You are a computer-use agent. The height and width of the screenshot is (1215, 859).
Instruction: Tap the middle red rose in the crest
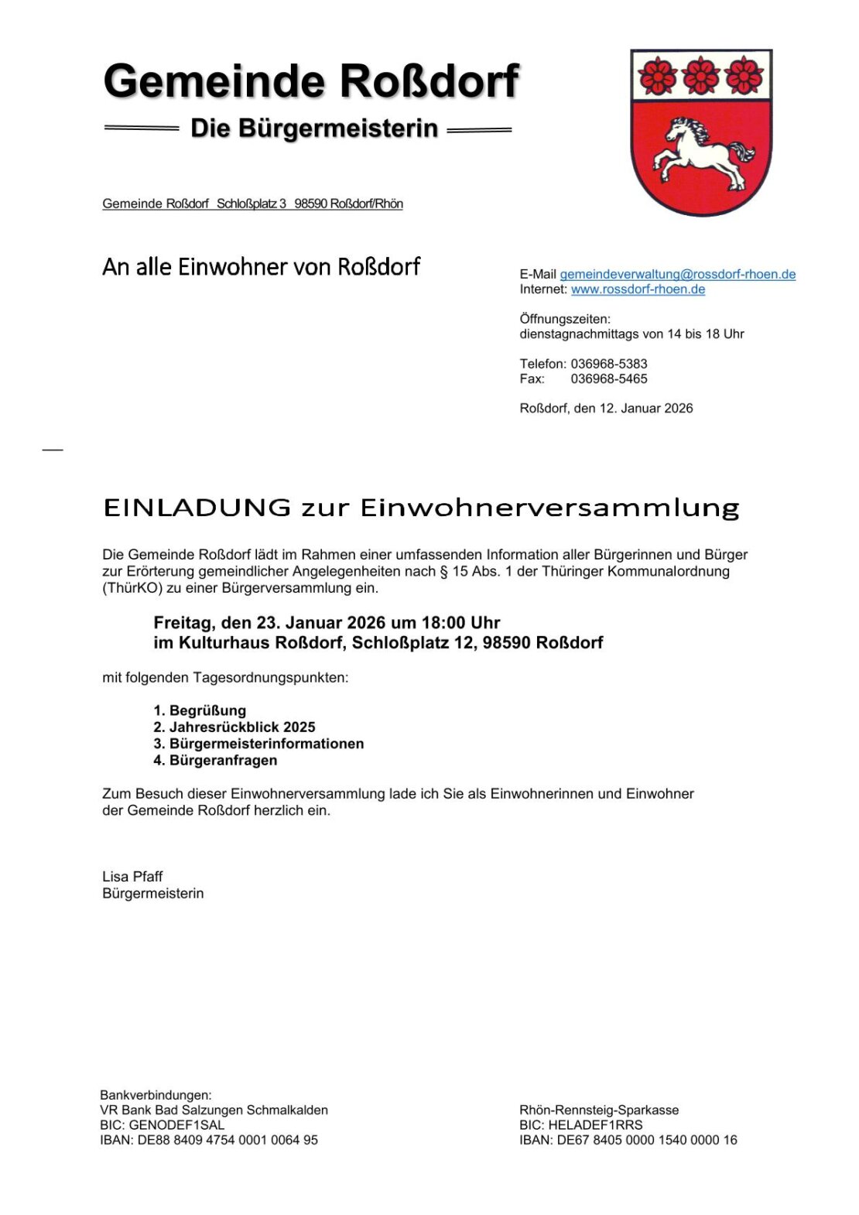tap(701, 76)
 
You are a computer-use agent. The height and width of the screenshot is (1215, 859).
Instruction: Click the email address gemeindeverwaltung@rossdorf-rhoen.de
tap(677, 274)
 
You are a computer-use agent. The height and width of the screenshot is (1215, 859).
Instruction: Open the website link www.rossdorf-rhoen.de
tap(638, 289)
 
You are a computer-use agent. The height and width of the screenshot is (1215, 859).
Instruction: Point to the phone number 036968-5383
tap(608, 364)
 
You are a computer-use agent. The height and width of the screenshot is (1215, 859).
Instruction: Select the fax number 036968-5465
tap(608, 379)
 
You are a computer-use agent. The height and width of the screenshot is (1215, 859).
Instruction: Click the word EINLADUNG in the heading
tap(197, 508)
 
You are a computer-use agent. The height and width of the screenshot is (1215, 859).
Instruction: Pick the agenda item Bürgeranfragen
tap(223, 760)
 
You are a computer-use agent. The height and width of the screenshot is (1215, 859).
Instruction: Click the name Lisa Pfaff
tap(132, 876)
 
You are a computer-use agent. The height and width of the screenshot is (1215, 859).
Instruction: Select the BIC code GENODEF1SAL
tap(176, 1124)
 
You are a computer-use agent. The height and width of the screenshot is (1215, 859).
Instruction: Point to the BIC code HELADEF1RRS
tap(595, 1124)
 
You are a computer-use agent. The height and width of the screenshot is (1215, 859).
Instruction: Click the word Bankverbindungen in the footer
tap(155, 1095)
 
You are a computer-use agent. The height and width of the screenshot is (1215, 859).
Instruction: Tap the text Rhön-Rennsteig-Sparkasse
tap(599, 1110)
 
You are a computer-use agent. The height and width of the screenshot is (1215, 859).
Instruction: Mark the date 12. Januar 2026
tap(646, 409)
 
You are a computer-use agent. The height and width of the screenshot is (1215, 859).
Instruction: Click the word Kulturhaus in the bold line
tap(224, 643)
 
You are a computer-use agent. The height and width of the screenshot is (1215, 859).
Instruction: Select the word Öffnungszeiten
tap(564, 319)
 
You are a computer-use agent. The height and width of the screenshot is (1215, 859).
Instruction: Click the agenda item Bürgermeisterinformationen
tap(266, 744)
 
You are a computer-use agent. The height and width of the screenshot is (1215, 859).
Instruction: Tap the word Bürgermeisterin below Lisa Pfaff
tap(153, 893)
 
